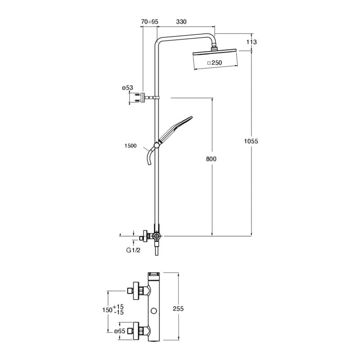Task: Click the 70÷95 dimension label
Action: (150, 22)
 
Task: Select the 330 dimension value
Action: (181, 22)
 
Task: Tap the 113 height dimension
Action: (252, 42)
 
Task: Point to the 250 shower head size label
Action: (217, 63)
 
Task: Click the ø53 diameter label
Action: (127, 88)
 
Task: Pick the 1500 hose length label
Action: (130, 146)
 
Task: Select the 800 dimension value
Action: (211, 159)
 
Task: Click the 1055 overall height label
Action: (251, 141)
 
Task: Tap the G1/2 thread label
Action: (133, 250)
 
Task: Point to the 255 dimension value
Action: (178, 309)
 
